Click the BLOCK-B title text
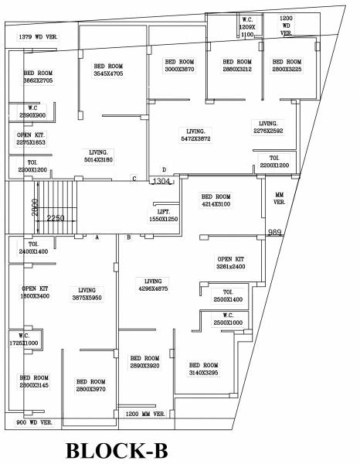pyautogui.click(x=116, y=450)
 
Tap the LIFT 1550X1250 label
pyautogui.click(x=163, y=215)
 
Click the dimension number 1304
pyautogui.click(x=161, y=181)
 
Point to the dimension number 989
pyautogui.click(x=274, y=232)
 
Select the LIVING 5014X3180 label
pyautogui.click(x=102, y=156)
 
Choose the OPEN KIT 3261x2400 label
pyautogui.click(x=231, y=262)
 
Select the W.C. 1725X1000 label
pyautogui.click(x=24, y=339)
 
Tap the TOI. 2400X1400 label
pyautogui.click(x=33, y=248)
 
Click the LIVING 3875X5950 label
pyautogui.click(x=92, y=294)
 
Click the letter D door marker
pyautogui.click(x=163, y=169)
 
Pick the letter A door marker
pyautogui.click(x=97, y=237)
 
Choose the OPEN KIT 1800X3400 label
pyautogui.click(x=34, y=292)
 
